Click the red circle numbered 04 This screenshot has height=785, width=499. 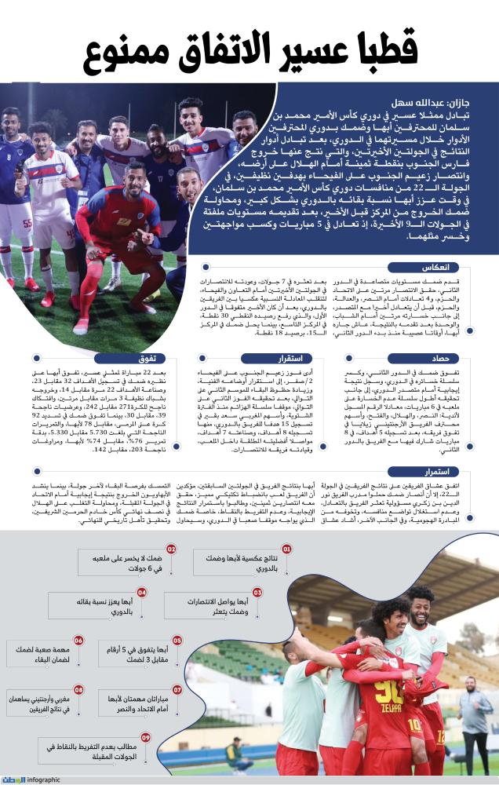coord(143,592)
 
